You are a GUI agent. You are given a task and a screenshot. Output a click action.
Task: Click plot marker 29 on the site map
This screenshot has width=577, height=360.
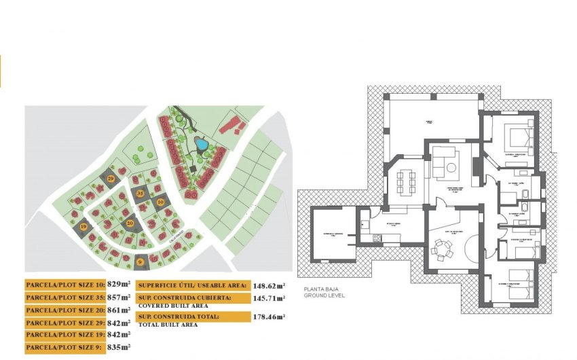[111, 179]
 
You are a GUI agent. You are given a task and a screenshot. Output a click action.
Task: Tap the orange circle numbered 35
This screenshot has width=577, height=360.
[141, 194]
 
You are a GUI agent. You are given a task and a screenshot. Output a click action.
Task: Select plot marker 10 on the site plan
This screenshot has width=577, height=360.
[160, 202]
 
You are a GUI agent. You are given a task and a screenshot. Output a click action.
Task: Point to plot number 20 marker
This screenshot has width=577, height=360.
[130, 222]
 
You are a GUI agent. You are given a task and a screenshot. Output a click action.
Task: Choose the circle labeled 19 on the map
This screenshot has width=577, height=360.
[83, 227]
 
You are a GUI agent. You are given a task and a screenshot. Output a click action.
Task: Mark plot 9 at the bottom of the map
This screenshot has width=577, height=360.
[140, 260]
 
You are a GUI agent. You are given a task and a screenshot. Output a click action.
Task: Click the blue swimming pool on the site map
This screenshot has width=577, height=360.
[202, 144]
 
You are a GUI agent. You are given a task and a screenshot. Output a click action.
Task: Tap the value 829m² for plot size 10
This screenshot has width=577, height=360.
[119, 285]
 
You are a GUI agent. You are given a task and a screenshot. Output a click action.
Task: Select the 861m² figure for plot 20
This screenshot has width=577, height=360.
[119, 310]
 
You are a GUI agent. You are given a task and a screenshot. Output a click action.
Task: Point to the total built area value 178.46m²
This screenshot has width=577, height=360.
[269, 317]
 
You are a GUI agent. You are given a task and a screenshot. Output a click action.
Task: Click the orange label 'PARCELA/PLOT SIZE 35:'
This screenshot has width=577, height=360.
[65, 298]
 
